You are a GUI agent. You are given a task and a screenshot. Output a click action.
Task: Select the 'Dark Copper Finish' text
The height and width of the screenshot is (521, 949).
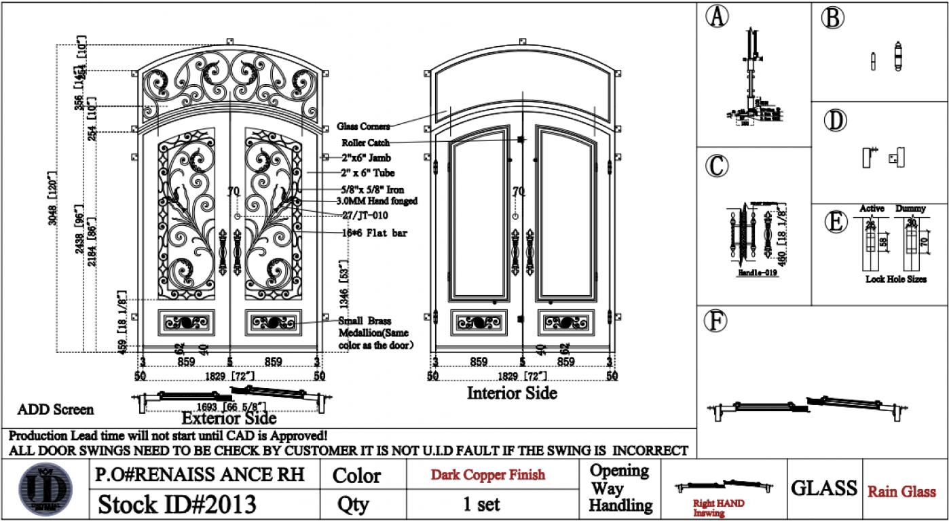tap(487, 475)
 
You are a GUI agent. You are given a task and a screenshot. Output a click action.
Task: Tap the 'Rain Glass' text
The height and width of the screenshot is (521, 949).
tap(901, 492)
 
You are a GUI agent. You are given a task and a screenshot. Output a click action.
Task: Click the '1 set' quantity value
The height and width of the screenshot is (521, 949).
tap(481, 504)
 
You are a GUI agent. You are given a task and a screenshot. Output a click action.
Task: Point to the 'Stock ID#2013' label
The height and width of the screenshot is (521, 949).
tap(178, 505)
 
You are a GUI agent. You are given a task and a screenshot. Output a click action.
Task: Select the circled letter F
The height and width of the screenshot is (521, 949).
tap(715, 322)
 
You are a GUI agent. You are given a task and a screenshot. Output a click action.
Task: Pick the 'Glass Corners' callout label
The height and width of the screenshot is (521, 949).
tap(364, 126)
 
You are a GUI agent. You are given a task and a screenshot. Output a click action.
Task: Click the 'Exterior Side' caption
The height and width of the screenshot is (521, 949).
tap(229, 419)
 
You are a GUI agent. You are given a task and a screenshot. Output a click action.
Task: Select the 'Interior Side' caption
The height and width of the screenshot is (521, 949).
tap(512, 393)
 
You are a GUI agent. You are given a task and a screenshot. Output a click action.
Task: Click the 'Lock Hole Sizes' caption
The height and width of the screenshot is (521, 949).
tap(896, 279)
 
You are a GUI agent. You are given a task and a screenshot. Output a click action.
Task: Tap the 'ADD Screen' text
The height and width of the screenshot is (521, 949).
tap(56, 410)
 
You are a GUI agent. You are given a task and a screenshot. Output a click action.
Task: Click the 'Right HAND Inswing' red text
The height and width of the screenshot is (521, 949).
tap(718, 508)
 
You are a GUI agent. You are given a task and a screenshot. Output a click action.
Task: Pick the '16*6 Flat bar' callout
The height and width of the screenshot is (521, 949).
tap(370, 233)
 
